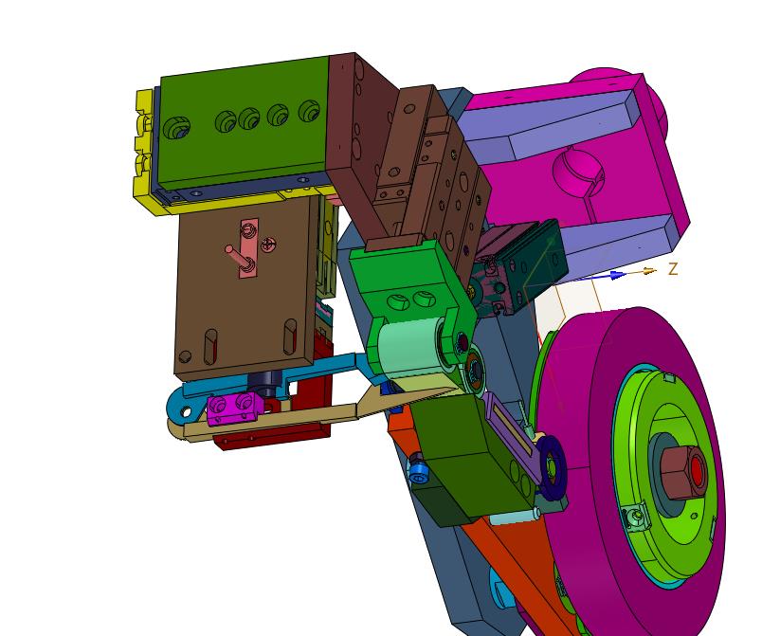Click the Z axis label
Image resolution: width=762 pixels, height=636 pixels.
tap(673, 268)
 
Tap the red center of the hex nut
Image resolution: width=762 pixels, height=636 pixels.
tap(698, 470)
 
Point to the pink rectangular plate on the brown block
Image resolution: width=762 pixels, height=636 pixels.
tap(248, 248)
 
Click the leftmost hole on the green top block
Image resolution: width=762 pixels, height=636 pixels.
tap(176, 127)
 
